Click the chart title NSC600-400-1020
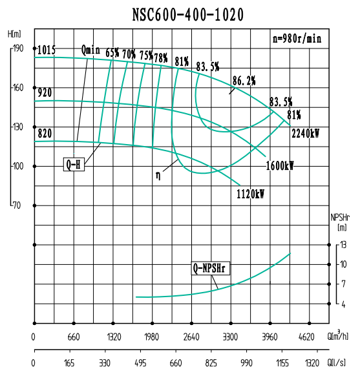(x=180, y=14)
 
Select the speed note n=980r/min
(x=297, y=38)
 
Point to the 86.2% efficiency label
(x=244, y=81)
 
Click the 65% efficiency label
(x=112, y=54)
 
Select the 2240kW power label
(x=305, y=134)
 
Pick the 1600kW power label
(x=279, y=165)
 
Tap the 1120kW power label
(x=250, y=193)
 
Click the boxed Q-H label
(x=74, y=164)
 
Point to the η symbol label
(x=158, y=175)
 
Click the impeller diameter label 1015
(x=47, y=50)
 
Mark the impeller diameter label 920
(x=45, y=93)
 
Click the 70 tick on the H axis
(x=17, y=205)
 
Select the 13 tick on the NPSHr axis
(x=344, y=245)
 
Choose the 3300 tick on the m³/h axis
(x=231, y=337)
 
